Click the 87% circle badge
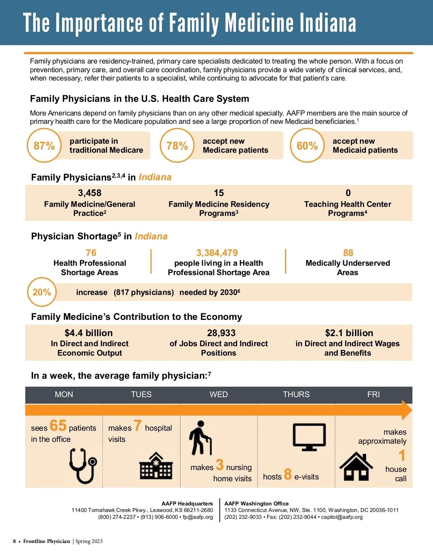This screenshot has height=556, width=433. (44, 145)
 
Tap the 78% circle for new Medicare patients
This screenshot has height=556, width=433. (177, 145)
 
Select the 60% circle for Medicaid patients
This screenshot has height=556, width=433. (307, 145)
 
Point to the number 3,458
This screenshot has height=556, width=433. (89, 193)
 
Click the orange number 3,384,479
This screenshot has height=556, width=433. (217, 253)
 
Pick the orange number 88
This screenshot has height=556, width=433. (348, 253)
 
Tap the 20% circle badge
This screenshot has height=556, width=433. (42, 292)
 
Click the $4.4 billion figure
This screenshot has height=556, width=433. (89, 333)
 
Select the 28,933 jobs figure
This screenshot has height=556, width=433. (221, 333)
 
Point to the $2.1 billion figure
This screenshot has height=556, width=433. (349, 333)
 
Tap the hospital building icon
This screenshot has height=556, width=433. (156, 465)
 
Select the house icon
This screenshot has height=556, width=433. (356, 466)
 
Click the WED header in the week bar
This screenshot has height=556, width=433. (219, 394)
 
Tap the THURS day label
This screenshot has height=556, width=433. (296, 394)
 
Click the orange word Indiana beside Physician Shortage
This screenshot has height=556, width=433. (151, 236)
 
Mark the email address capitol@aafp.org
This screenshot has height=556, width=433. (342, 517)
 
